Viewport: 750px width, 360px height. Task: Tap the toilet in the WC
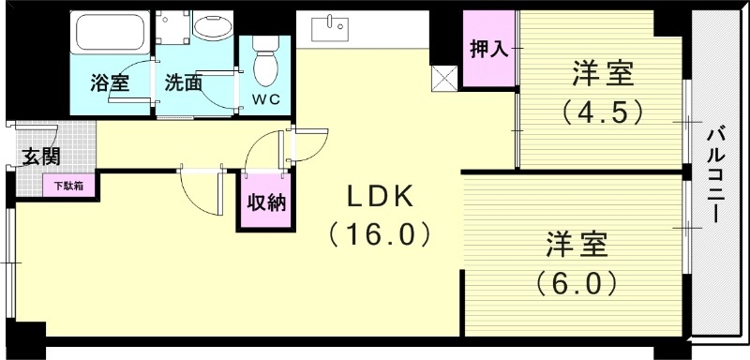[x=265, y=65]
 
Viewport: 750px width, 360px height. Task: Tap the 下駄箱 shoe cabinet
[x=67, y=186]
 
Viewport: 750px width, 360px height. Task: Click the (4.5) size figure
[x=603, y=112]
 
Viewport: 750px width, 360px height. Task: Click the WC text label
[x=266, y=97]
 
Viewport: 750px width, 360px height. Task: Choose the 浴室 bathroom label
[x=109, y=82]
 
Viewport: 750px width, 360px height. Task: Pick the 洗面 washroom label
[x=183, y=82]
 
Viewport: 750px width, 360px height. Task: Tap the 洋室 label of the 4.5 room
[x=602, y=73]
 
